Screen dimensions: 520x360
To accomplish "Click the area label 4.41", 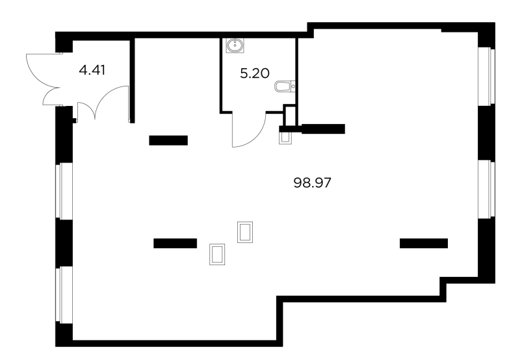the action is pyautogui.click(x=92, y=70).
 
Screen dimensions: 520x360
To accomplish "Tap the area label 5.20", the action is pyautogui.click(x=255, y=73).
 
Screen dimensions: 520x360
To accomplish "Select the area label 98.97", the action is pyautogui.click(x=313, y=183).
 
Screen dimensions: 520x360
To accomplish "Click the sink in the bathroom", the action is pyautogui.click(x=235, y=45).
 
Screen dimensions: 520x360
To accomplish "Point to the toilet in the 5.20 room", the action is pyautogui.click(x=285, y=86).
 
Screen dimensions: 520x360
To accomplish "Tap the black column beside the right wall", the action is pyautogui.click(x=424, y=243).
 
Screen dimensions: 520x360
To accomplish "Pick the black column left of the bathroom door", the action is pyautogui.click(x=168, y=140).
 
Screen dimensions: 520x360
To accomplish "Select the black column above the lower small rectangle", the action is pyautogui.click(x=175, y=243).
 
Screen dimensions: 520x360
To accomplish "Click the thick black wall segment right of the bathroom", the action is pyautogui.click(x=322, y=129).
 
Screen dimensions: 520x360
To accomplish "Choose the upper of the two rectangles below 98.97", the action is pyautogui.click(x=245, y=232).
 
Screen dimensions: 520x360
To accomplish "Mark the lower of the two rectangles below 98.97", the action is pyautogui.click(x=217, y=254).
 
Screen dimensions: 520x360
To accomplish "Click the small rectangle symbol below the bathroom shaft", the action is pyautogui.click(x=285, y=138).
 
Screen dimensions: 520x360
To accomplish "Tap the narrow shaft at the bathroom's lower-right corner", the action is pyautogui.click(x=290, y=116).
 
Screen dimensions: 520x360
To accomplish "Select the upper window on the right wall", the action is pyautogui.click(x=486, y=76).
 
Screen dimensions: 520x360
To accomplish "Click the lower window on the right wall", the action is pyautogui.click(x=486, y=189).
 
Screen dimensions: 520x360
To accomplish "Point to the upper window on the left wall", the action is pyautogui.click(x=64, y=191).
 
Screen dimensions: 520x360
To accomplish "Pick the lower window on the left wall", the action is pyautogui.click(x=64, y=295).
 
